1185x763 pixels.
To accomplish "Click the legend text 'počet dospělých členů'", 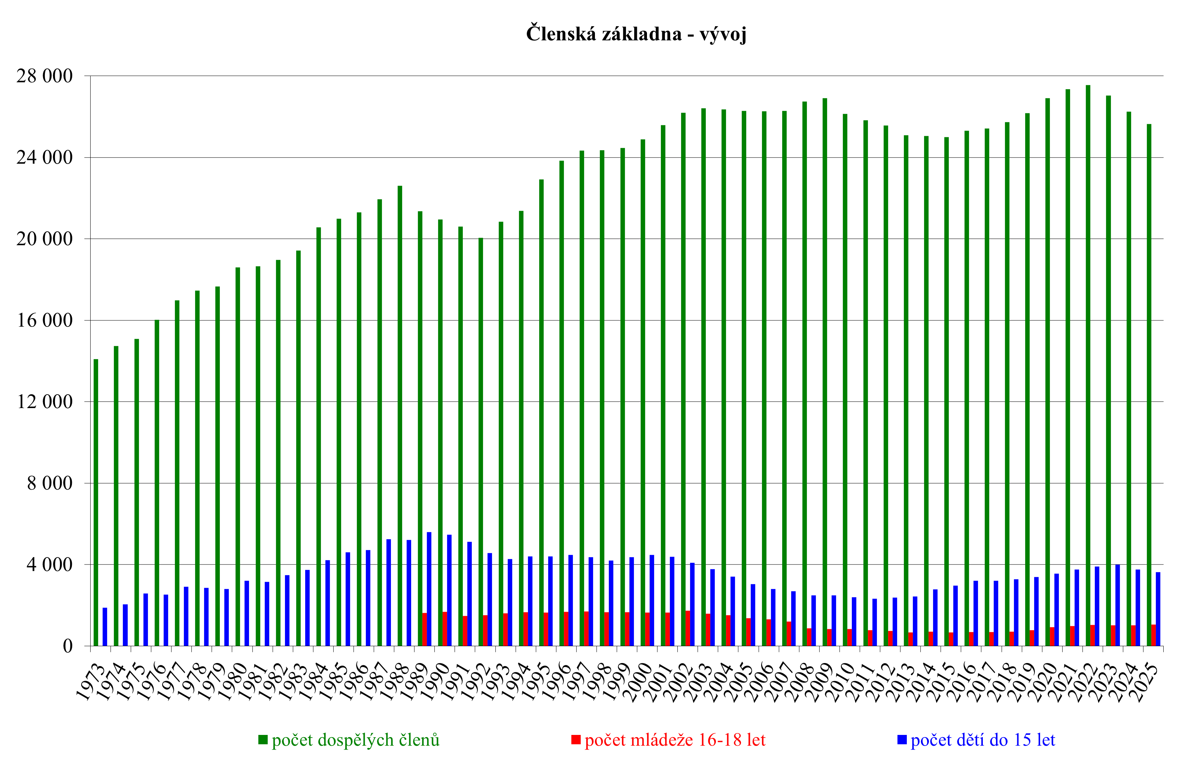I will [x=355, y=740].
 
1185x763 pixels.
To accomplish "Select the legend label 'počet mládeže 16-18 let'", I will [x=675, y=740].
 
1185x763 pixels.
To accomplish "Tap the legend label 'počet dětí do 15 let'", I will [x=983, y=740].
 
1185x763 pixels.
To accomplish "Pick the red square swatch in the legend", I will [x=576, y=740].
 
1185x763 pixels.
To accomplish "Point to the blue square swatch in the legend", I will [x=902, y=740].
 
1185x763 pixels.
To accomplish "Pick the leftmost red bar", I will [x=425, y=629].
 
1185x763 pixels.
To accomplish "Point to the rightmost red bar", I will [x=1153, y=635].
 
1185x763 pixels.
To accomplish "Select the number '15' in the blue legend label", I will [x=1022, y=740].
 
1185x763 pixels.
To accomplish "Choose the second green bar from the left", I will [x=116, y=495].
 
